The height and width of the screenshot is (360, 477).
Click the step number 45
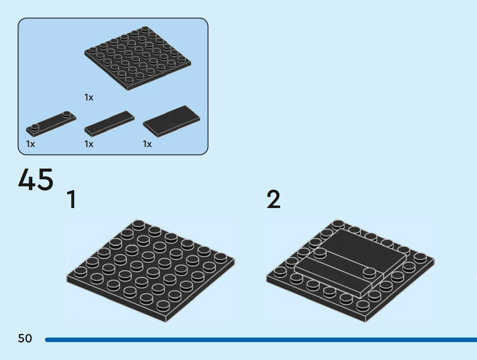click(x=35, y=180)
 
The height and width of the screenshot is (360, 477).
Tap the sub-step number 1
click(x=71, y=200)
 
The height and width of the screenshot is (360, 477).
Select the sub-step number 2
click(x=273, y=200)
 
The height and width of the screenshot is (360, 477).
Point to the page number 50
click(x=25, y=338)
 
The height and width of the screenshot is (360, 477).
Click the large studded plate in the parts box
click(x=137, y=58)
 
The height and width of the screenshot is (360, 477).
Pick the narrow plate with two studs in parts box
click(x=51, y=124)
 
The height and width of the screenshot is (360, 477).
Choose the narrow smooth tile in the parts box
click(x=109, y=123)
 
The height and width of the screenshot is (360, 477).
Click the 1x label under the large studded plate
click(x=89, y=97)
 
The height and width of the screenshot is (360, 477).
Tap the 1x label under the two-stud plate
click(x=31, y=144)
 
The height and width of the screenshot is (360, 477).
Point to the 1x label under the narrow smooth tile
click(x=89, y=144)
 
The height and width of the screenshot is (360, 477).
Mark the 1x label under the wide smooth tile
click(x=147, y=144)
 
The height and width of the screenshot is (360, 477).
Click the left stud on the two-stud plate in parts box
click(x=35, y=127)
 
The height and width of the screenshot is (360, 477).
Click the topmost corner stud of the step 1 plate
click(x=138, y=225)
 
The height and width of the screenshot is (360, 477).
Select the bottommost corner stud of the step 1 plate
click(x=163, y=305)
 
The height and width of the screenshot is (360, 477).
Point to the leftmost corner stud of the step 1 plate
click(x=80, y=272)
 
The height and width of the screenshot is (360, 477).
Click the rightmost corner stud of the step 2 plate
click(x=420, y=258)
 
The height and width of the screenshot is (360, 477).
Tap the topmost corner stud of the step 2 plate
click(x=338, y=225)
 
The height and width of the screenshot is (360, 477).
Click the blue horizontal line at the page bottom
click(x=261, y=340)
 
